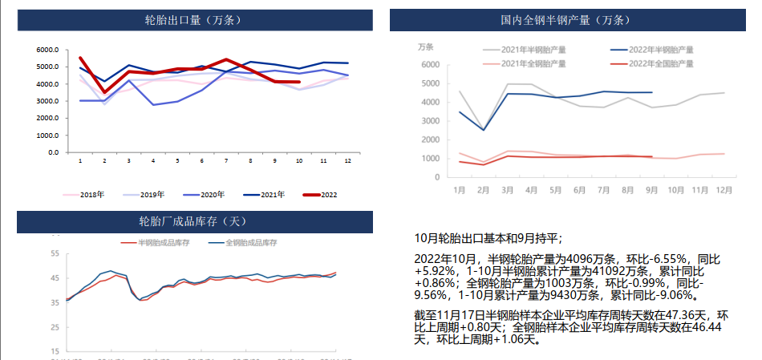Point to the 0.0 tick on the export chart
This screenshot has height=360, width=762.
[52, 152]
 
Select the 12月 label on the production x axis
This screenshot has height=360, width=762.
[723, 190]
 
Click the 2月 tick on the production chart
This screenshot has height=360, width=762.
[484, 190]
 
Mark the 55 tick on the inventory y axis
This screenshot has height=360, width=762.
[55, 253]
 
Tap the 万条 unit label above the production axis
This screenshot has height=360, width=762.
[426, 46]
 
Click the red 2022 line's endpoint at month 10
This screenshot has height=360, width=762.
[298, 82]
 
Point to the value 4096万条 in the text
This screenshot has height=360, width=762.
[590, 259]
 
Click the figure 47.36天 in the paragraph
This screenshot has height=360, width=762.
[684, 314]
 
